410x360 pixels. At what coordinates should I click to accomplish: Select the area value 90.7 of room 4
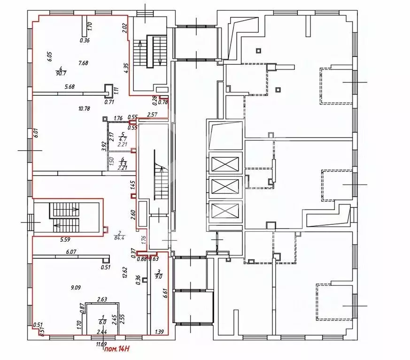60,74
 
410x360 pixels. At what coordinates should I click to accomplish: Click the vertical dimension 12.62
124,273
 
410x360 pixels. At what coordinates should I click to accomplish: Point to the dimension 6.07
71,252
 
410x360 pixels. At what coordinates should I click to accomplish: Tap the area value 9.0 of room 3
159,276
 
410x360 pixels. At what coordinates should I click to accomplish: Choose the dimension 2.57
152,114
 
